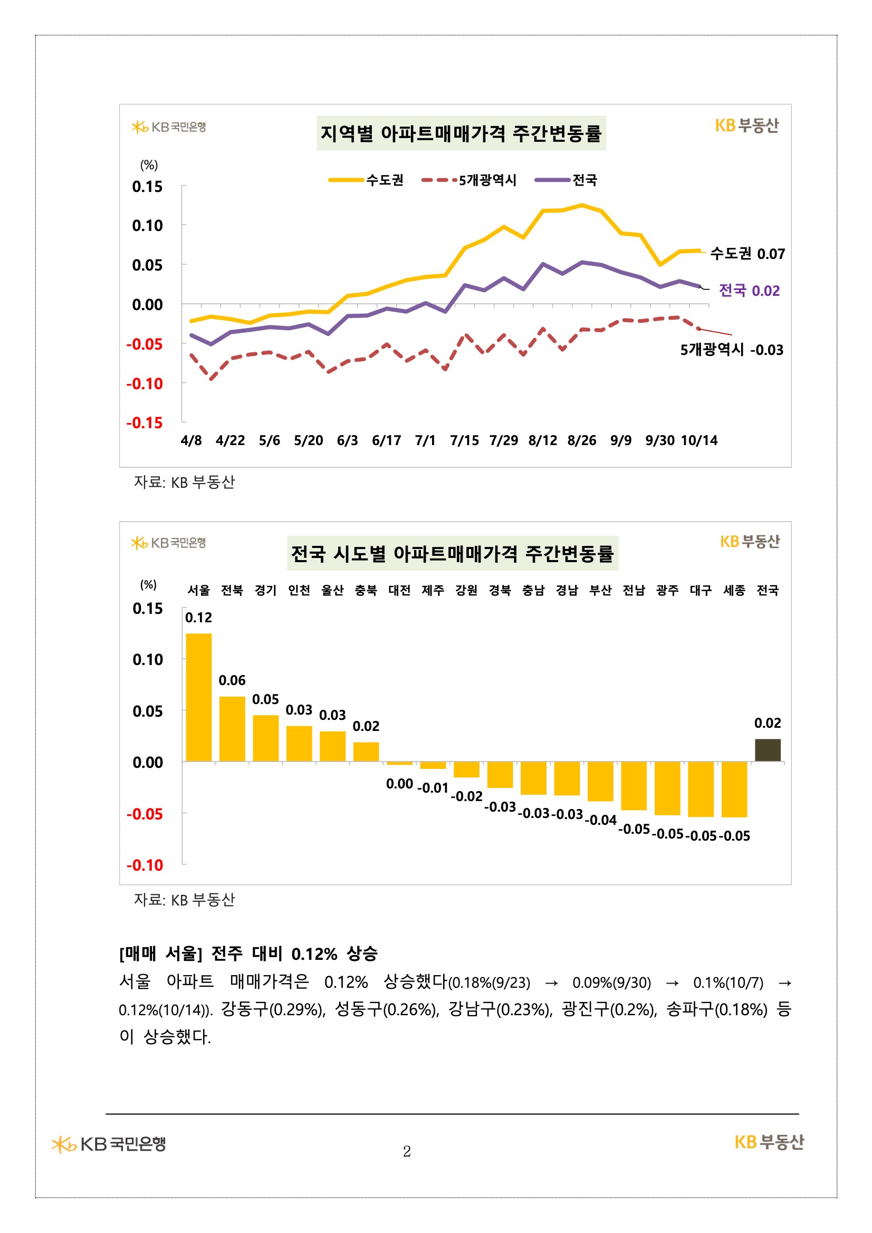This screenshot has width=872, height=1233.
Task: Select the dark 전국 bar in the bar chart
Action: tap(767, 750)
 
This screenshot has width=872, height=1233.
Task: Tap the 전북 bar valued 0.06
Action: tap(232, 728)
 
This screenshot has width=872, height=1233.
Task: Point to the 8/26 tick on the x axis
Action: tap(581, 441)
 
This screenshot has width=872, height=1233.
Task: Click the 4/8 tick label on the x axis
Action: tap(191, 441)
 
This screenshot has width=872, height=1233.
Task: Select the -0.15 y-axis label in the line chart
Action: tap(145, 423)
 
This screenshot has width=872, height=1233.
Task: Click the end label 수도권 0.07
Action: tap(747, 254)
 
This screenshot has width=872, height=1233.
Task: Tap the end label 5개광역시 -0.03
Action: tap(731, 350)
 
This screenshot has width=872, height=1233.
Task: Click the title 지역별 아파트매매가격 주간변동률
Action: tap(461, 133)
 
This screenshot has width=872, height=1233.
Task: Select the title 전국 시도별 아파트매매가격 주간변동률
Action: tap(452, 554)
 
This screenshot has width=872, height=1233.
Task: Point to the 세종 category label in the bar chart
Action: tap(734, 591)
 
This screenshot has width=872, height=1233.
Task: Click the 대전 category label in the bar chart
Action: tap(399, 591)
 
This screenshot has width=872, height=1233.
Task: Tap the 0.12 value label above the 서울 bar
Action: tap(198, 618)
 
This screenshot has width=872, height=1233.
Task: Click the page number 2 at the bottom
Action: tap(407, 1151)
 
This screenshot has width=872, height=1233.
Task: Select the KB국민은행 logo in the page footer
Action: tap(109, 1144)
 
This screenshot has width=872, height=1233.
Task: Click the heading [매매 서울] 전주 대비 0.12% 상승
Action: tap(248, 953)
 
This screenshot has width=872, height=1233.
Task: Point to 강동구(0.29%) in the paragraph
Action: tap(273, 1010)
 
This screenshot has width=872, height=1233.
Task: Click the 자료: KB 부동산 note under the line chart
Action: tap(184, 482)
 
